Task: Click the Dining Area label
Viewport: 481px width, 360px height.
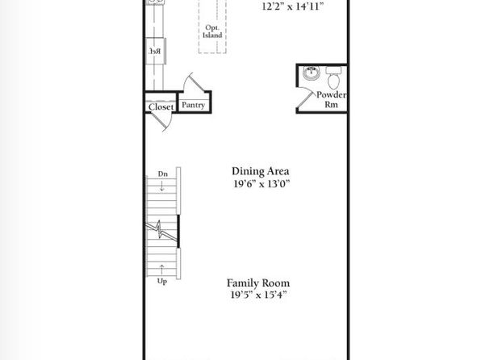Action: pos(261,171)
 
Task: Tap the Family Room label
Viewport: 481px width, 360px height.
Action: pos(258,283)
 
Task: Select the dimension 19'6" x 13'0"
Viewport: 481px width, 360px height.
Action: pos(261,184)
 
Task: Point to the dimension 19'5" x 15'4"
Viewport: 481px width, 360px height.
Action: pos(258,295)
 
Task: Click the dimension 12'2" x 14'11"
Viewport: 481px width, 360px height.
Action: pos(293,6)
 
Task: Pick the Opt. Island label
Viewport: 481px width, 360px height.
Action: pos(212,31)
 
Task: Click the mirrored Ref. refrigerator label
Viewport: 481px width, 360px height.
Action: pos(155,51)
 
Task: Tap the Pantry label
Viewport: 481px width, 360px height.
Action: pos(193,105)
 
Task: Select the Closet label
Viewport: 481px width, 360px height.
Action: pos(161,107)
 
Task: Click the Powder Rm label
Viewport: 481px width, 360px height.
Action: pos(332,99)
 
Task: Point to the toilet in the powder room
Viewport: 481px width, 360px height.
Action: pos(333,78)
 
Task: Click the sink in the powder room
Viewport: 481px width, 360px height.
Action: pos(311,73)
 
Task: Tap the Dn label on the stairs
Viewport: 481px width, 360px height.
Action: pos(163,174)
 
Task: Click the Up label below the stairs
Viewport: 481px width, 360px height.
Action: pos(162,281)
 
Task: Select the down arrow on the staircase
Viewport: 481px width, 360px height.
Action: pos(162,186)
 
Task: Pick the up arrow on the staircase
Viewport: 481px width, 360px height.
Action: pos(161,270)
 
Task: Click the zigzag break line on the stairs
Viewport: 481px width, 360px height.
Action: pos(161,229)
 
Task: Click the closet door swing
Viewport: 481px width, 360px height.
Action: pos(161,122)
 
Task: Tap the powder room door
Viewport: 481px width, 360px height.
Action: pos(305,98)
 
